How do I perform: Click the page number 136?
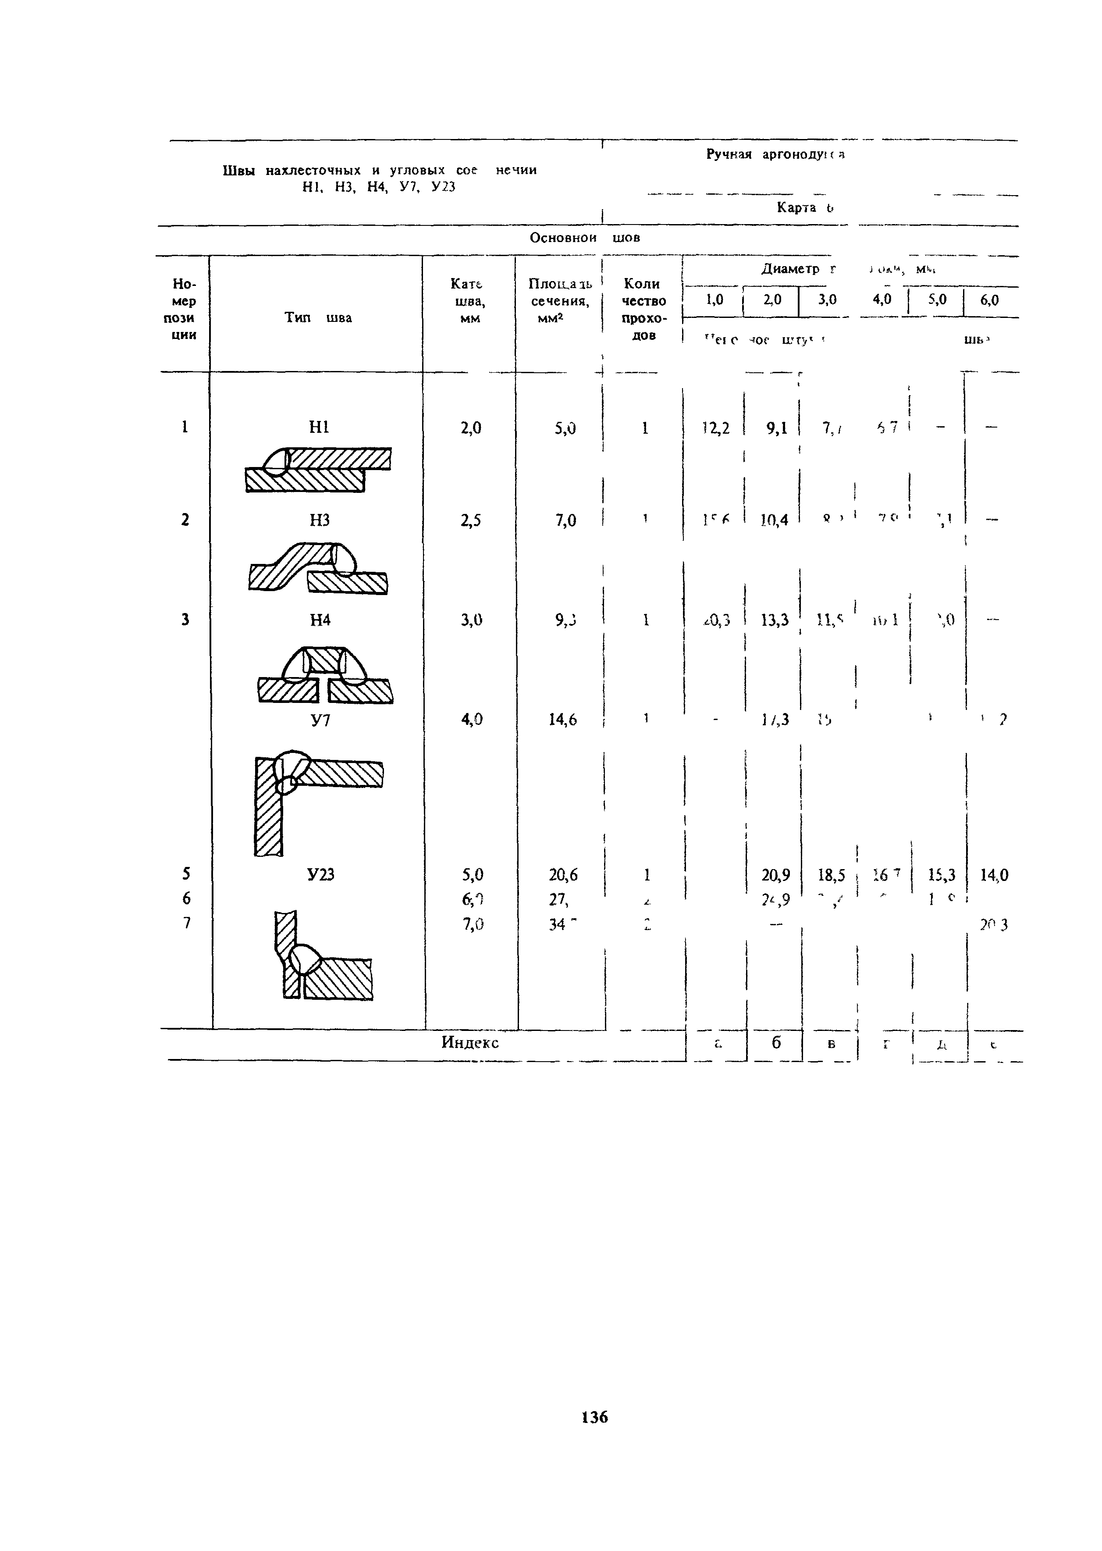click(594, 1417)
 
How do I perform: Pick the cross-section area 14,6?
click(562, 720)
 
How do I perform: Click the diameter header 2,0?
click(772, 300)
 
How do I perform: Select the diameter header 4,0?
click(882, 300)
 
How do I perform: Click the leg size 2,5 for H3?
click(470, 521)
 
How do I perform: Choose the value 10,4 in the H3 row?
click(774, 521)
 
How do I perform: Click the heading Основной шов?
click(584, 238)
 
